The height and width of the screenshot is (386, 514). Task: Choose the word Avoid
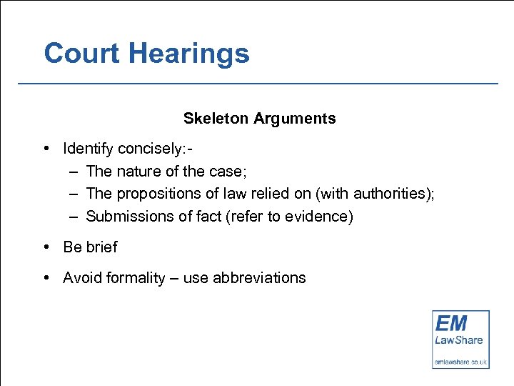pos(82,278)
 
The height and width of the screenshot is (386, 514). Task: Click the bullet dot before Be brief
pos(46,247)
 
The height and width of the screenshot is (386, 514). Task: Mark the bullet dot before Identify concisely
pos(46,149)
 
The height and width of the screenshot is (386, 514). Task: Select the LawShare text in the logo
pos(460,340)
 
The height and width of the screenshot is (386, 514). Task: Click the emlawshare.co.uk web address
pos(460,362)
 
